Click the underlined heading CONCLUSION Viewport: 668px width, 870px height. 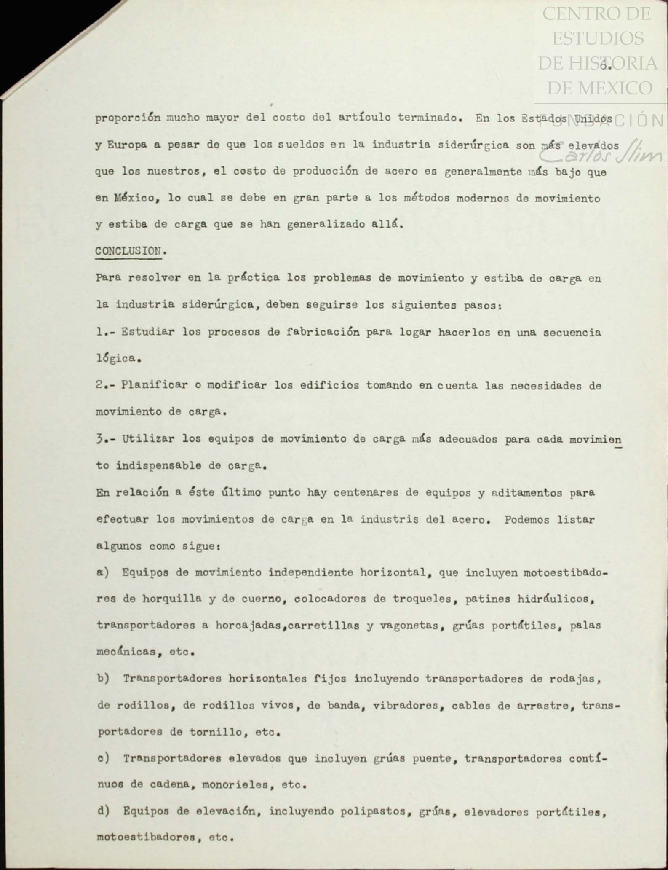coord(128,251)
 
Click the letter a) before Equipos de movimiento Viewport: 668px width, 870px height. coord(103,572)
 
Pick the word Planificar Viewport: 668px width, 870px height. coord(154,385)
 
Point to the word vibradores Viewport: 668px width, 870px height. coord(405,705)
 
